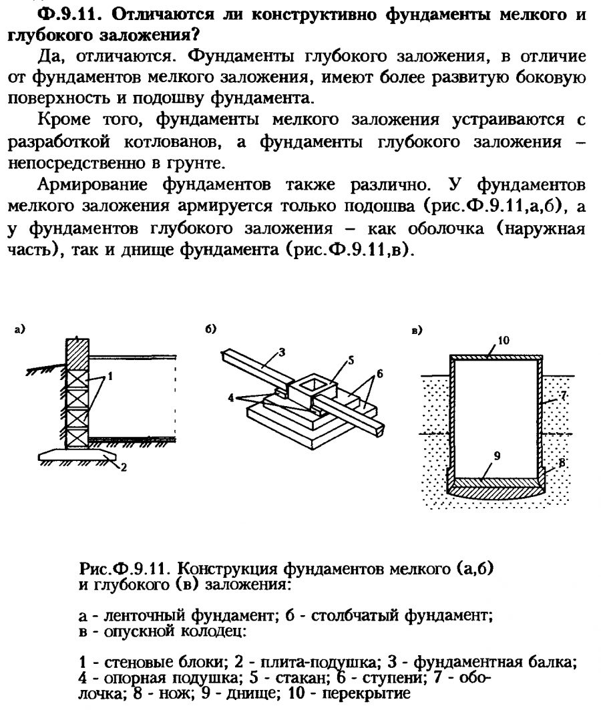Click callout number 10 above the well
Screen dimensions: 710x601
(x=504, y=341)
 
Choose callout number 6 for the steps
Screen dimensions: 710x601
(x=379, y=375)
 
